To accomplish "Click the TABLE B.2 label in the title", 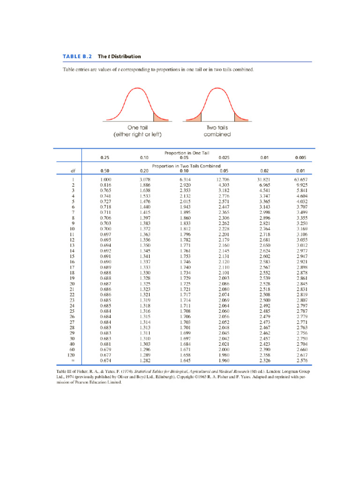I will [77, 57].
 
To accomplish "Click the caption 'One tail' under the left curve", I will [137, 127].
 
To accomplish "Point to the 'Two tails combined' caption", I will [217, 131].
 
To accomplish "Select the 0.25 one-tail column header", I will [105, 158].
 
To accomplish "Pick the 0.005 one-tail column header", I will [300, 158].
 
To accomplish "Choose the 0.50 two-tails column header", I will [105, 171].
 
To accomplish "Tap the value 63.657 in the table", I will [300, 180].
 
